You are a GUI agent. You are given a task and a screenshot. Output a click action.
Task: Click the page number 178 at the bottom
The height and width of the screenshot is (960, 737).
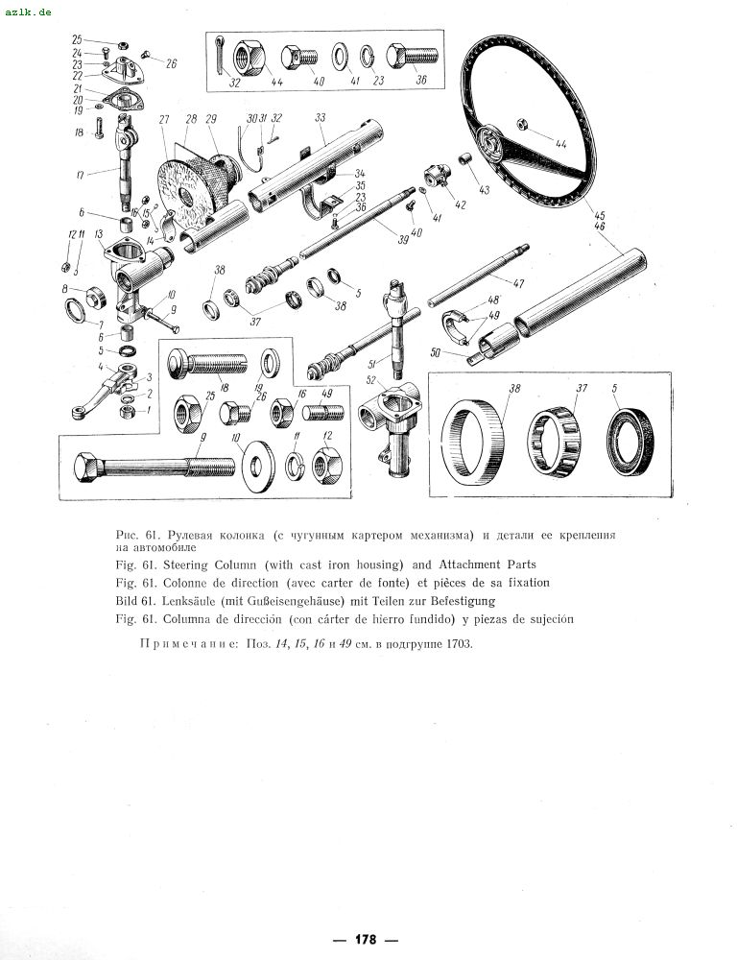366,939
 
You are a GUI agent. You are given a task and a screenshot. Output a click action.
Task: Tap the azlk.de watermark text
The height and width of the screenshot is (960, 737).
28,12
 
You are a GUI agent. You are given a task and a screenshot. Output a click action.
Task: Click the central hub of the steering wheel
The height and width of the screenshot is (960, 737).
491,142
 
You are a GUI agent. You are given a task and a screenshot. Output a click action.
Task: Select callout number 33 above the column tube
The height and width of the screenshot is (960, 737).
321,117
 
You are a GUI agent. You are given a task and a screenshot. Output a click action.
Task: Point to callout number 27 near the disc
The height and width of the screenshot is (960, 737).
164,119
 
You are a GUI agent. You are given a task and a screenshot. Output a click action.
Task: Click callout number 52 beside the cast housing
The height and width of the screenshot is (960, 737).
371,381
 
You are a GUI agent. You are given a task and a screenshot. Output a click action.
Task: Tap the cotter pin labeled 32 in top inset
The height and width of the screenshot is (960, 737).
221,53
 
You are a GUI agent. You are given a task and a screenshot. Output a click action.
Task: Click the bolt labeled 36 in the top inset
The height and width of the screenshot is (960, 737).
412,57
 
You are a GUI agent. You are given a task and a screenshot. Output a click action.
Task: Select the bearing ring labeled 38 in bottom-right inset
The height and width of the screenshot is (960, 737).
473,433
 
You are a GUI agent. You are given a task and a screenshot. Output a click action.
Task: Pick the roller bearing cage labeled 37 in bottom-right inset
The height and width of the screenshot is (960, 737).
555,437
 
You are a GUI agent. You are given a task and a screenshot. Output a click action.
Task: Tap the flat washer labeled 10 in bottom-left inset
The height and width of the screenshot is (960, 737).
255,467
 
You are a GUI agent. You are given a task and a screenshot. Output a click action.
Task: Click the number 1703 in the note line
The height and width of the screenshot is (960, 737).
460,644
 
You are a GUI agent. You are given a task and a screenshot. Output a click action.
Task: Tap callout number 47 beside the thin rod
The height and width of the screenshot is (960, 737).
518,283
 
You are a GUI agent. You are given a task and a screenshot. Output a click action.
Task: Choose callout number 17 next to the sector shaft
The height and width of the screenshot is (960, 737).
81,175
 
